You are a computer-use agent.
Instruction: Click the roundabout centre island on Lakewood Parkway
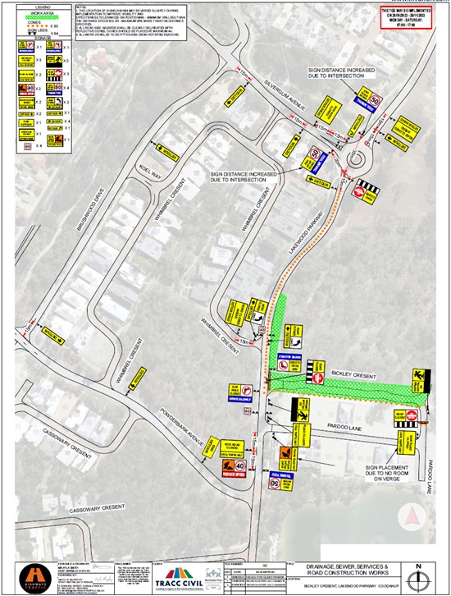[x=358, y=158]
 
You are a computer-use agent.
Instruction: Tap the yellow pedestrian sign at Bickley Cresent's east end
[x=420, y=378]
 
